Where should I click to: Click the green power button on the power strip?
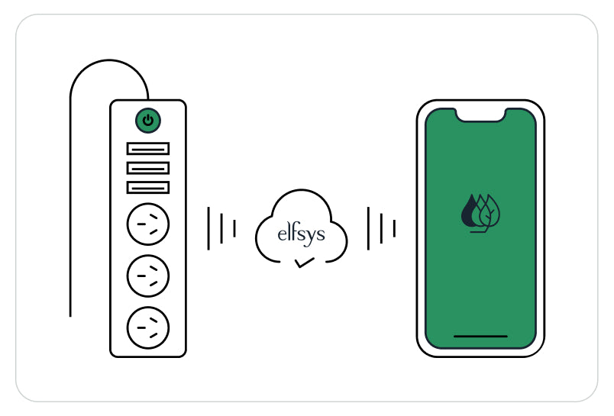(148, 121)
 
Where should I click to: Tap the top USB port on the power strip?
(148, 149)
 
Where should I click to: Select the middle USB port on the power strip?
(148, 168)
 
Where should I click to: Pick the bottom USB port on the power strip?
(148, 188)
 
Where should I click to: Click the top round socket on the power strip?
(148, 224)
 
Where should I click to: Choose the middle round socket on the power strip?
(148, 276)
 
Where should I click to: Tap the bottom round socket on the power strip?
(148, 327)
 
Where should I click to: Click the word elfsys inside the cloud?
(301, 234)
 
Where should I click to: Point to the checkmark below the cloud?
(305, 263)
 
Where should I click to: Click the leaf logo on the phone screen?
(480, 213)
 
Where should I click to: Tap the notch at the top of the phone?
(480, 114)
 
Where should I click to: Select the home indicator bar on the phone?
(480, 336)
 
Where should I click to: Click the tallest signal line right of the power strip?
(208, 228)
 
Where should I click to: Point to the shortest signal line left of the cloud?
(234, 228)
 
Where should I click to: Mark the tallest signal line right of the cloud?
(369, 228)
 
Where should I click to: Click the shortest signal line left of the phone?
(394, 228)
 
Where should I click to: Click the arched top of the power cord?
(109, 60)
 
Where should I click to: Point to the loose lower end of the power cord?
(70, 316)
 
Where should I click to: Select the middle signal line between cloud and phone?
(381, 228)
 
